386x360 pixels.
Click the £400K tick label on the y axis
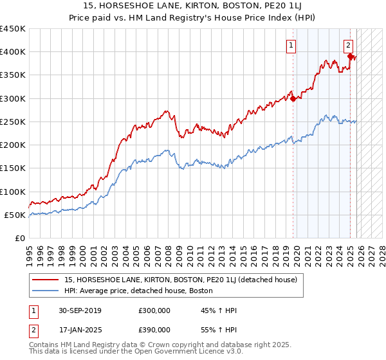tap(13, 52)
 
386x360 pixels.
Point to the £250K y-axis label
tap(13, 122)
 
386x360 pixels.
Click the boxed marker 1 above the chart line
tap(291, 45)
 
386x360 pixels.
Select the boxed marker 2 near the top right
tap(348, 45)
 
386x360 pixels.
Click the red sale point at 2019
tap(293, 98)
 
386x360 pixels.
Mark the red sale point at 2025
tap(351, 57)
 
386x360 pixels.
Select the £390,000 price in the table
tap(155, 329)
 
